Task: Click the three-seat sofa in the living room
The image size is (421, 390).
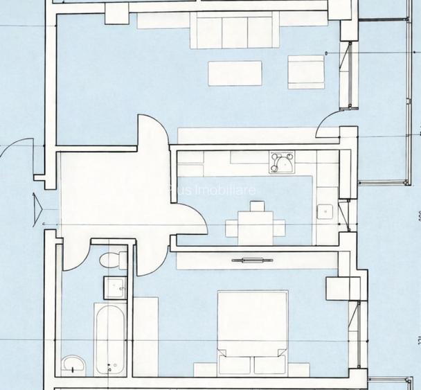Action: [231, 33]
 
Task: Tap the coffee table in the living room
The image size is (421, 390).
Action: [235, 73]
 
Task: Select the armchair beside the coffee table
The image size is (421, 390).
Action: [306, 71]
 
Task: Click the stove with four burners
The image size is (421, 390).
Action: [282, 163]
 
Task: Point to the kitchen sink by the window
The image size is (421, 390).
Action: [324, 211]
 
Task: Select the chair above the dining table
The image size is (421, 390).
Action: [257, 206]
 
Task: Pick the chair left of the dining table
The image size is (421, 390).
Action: [232, 227]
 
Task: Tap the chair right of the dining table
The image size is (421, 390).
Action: [279, 227]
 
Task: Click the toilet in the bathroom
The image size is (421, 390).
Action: [111, 260]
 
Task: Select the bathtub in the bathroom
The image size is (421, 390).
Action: [110, 337]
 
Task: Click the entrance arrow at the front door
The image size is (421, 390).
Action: [37, 205]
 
